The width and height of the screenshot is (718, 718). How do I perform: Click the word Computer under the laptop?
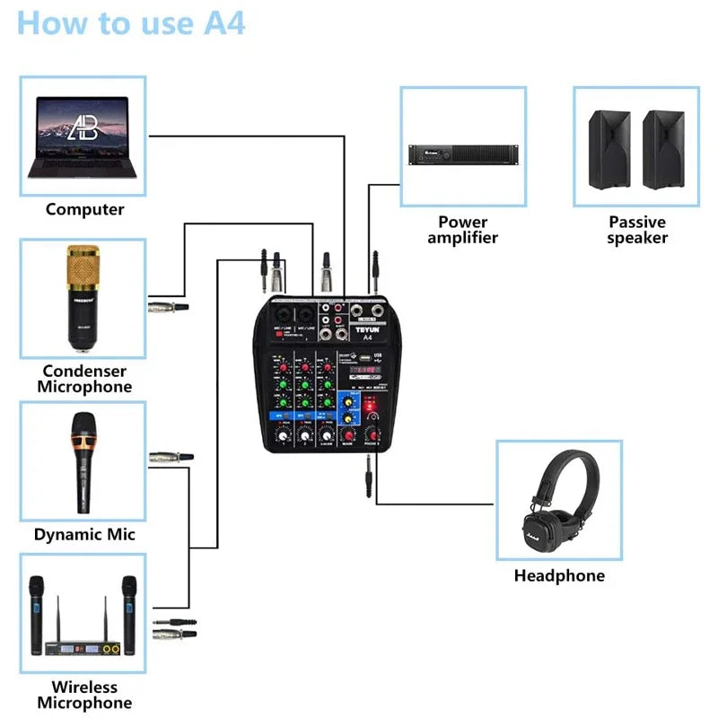84,209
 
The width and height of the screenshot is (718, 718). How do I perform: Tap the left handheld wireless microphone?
37,610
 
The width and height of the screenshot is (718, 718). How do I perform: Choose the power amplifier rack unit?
462,154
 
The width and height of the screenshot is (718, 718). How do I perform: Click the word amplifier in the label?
462,238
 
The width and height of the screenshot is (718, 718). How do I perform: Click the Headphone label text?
559,575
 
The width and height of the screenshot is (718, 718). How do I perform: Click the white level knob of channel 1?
283,436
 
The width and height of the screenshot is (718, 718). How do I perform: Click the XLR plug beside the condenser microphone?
170,307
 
